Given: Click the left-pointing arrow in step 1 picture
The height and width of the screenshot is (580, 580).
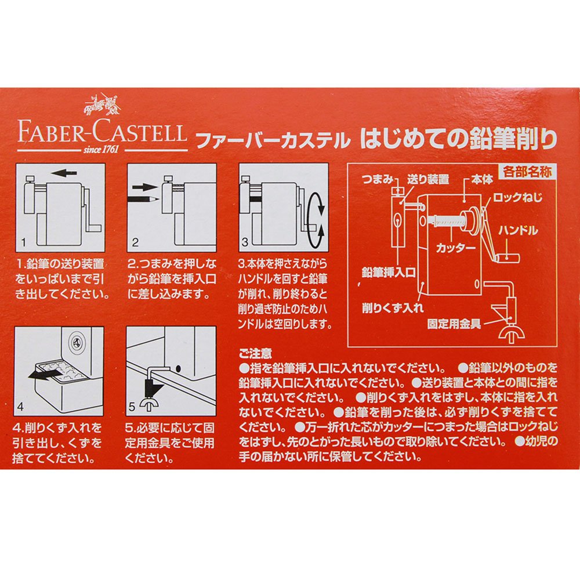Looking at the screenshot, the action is coord(64,173).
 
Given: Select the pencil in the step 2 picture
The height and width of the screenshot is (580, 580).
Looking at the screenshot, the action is coord(143,199).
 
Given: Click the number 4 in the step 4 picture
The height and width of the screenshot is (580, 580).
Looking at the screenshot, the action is coord(20,407).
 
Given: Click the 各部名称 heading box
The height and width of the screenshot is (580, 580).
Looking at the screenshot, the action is coord(527,172).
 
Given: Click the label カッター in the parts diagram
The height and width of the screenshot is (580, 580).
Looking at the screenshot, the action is coord(455,248).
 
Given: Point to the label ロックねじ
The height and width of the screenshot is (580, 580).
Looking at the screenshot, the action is coord(517,198).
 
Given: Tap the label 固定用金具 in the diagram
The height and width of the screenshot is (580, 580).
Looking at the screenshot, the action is coord(454,324).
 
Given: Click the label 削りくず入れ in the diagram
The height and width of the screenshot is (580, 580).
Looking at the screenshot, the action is coord(393,308).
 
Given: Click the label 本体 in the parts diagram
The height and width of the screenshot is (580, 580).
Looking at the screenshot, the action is coord(483,180).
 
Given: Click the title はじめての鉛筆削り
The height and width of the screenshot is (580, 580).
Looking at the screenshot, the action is coord(458,139).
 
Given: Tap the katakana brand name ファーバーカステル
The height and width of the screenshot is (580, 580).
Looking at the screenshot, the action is coord(273,140).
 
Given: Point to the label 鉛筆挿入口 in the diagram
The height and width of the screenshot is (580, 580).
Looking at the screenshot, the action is coord(389,273).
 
